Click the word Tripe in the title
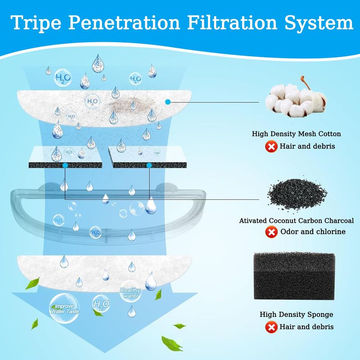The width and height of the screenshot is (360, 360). coord(36,22)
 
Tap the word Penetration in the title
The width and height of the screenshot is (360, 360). coord(124,22)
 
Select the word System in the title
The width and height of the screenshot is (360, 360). coord(319,23)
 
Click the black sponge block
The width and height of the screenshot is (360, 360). coord(294,276)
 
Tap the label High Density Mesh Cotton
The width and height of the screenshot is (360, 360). coord(296,134)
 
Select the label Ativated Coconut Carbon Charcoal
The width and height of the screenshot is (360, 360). coord(297,220)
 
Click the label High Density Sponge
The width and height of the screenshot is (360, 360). coord(296,314)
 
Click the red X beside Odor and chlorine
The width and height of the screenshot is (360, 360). coord(271,232)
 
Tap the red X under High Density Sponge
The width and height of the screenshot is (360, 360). coord(271,327)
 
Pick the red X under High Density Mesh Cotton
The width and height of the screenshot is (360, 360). coord(271,147)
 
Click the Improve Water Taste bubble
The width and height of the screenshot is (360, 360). coord(64,308)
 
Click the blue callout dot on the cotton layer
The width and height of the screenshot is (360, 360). coord(168,102)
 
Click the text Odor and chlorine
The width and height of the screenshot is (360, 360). coord(313,232)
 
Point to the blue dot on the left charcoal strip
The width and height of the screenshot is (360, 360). coord(65,165)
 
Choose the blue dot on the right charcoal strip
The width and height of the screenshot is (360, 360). coord(149,165)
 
